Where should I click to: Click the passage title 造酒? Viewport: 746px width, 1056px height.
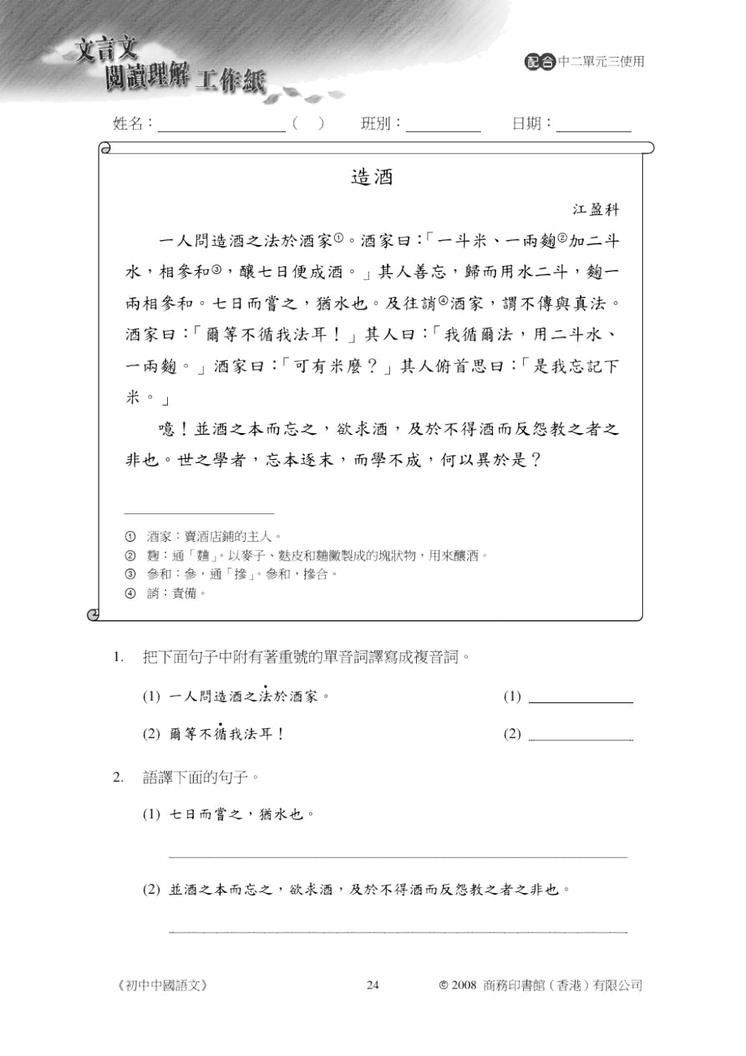tap(372, 178)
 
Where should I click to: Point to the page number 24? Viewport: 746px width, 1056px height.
tap(373, 985)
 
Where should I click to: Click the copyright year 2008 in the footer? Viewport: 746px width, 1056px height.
tap(463, 985)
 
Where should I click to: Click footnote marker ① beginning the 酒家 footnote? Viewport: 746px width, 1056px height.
tap(130, 536)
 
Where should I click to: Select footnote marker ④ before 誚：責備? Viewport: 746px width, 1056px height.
tap(130, 593)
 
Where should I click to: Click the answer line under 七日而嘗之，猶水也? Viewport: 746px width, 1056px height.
tap(397, 855)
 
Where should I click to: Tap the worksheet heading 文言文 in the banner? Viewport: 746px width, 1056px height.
tap(103, 51)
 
